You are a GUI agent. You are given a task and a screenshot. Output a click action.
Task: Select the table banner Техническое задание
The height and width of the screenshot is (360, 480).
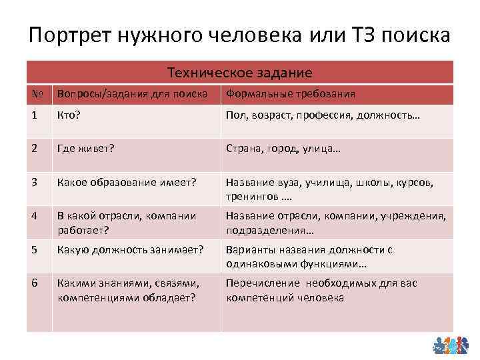click(239, 72)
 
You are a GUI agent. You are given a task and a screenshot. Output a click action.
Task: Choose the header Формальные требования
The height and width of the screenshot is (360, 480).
click(291, 94)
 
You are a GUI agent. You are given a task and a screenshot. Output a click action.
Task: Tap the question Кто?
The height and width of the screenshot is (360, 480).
click(70, 116)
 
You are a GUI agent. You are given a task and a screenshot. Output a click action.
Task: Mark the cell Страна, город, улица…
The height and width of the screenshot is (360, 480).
click(283, 149)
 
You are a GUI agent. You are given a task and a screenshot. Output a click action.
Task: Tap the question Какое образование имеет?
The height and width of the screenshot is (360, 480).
click(127, 182)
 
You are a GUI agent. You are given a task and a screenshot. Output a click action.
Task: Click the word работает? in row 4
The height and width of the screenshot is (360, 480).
click(83, 231)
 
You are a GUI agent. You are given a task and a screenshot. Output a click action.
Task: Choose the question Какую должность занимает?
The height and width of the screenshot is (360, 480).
click(130, 250)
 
